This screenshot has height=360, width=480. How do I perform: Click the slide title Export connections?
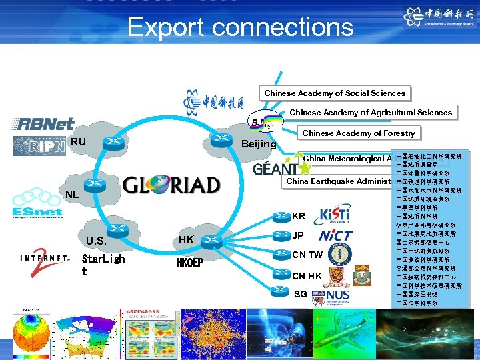point(240,27)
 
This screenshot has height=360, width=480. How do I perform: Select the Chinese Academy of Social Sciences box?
point(334,93)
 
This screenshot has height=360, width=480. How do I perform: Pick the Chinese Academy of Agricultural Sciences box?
point(371,113)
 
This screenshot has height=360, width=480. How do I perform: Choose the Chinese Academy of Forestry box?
point(358,133)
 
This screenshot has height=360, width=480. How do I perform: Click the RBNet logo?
point(43,124)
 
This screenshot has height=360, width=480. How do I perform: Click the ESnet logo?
point(37,211)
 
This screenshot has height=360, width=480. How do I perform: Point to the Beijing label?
point(259,144)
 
